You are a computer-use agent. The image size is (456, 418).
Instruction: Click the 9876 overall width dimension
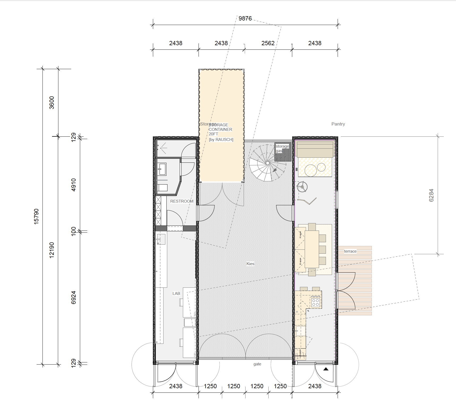245,19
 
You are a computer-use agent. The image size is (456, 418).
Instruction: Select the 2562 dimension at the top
268,43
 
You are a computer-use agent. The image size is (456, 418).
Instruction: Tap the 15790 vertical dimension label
36,216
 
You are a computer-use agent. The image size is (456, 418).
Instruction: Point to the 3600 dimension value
52,103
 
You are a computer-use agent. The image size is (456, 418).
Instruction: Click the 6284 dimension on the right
431,195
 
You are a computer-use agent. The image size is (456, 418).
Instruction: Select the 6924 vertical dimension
74,297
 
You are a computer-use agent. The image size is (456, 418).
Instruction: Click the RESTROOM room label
182,201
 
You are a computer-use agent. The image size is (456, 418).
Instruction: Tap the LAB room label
176,294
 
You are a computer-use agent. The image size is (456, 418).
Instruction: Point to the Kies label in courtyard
250,264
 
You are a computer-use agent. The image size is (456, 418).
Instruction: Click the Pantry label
338,124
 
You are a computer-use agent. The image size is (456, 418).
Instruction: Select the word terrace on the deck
350,251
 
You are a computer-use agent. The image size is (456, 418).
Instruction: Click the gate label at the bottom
257,364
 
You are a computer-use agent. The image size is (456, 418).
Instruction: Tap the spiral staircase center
268,163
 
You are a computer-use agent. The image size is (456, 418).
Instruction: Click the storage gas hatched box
283,152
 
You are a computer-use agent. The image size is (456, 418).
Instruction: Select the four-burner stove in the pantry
315,302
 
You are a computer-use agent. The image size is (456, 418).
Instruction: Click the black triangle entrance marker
326,369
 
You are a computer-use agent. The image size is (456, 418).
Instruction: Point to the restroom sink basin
162,169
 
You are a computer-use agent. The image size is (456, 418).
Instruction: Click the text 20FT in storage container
213,134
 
